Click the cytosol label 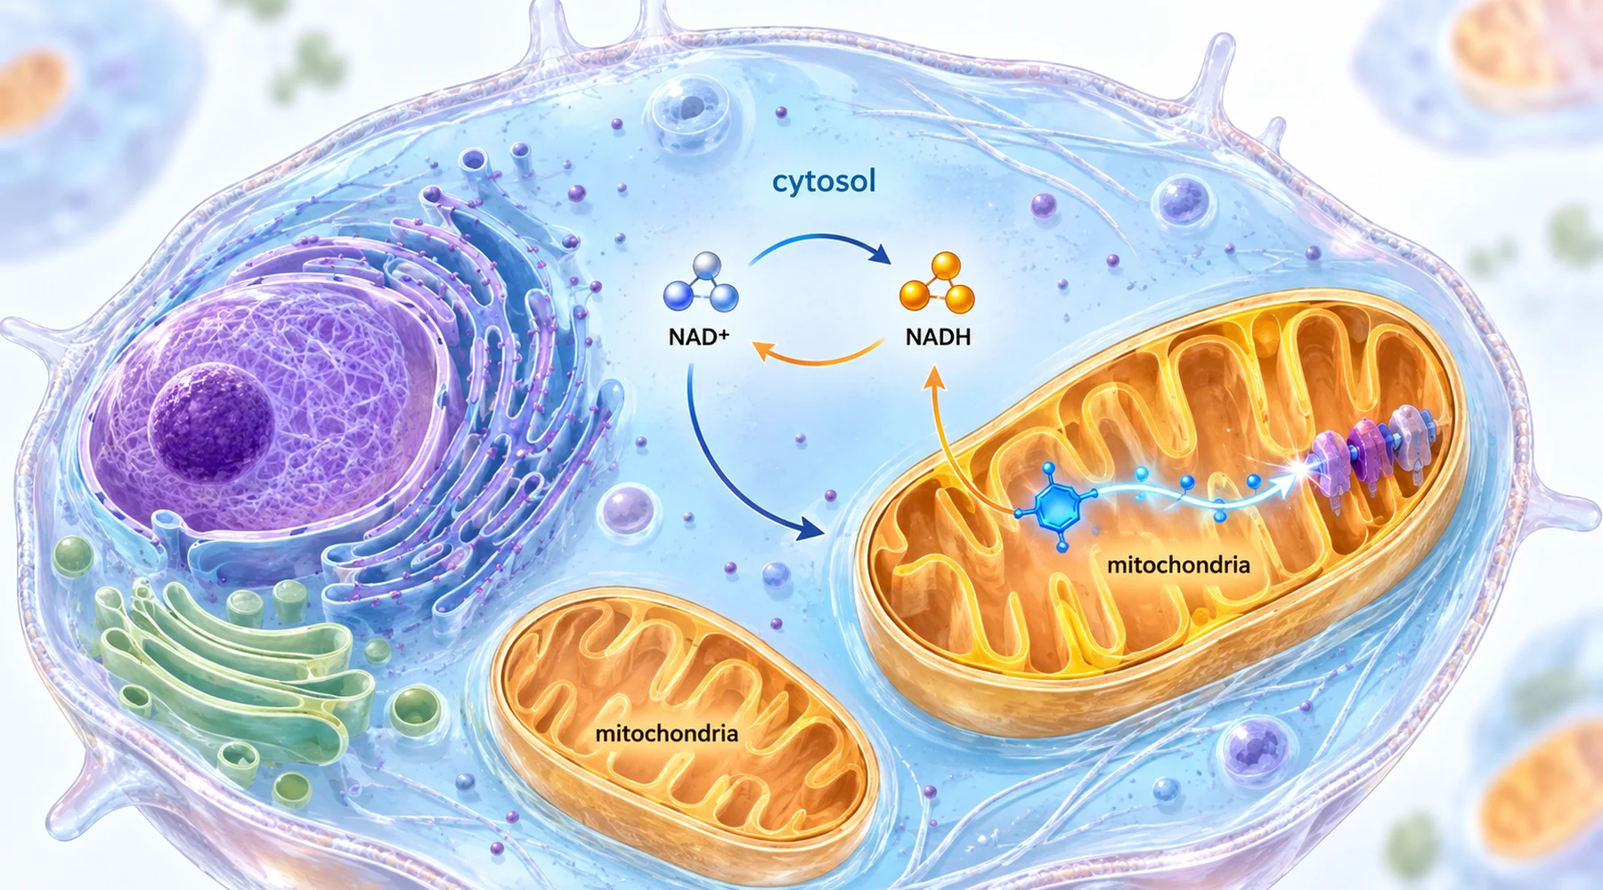tap(824, 182)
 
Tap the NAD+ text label tap(699, 337)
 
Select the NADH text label tap(938, 337)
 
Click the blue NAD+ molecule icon tap(702, 283)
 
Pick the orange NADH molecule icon tap(937, 283)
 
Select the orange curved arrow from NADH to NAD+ tap(819, 360)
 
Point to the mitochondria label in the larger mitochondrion tap(1178, 564)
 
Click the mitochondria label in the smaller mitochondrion tap(666, 733)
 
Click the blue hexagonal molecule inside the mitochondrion tap(1055, 506)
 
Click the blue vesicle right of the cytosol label tap(1184, 200)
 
